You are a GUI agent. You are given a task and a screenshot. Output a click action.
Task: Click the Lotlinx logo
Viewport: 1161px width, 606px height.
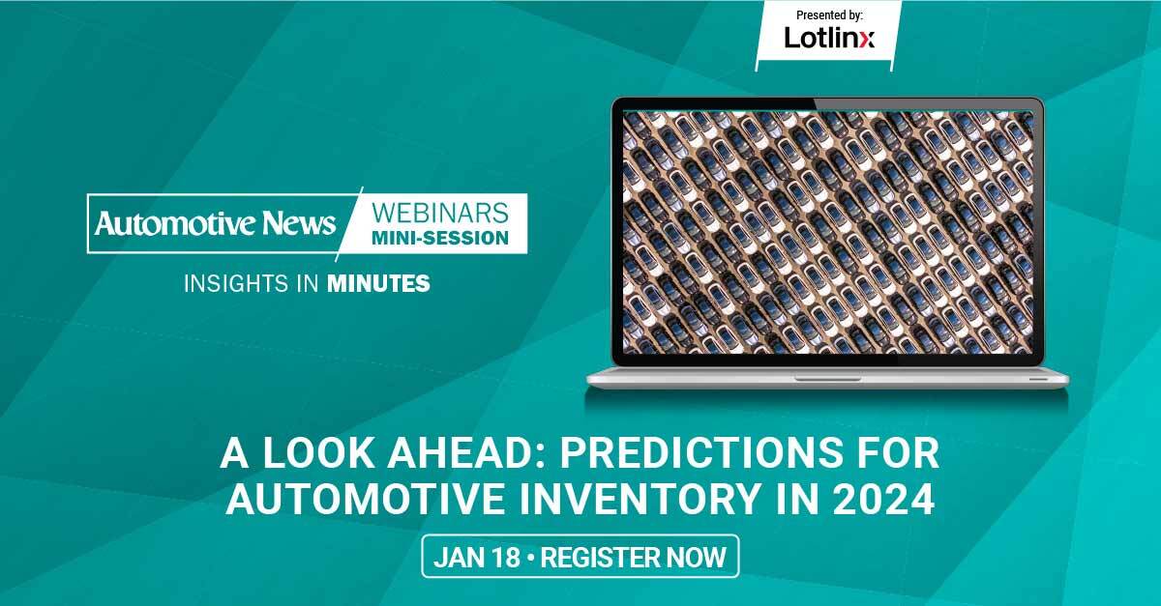829,38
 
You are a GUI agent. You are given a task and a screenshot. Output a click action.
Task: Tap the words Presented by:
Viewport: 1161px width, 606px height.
829,15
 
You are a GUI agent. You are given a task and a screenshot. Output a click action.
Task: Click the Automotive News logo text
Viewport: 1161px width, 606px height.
215,223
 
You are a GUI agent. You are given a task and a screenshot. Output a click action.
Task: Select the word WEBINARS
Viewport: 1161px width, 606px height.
440,213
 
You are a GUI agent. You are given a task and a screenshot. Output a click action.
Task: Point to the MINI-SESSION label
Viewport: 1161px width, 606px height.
440,239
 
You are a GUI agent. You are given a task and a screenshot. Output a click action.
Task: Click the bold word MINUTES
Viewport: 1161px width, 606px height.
378,283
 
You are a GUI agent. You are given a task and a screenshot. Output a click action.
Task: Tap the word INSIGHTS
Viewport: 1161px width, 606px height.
236,283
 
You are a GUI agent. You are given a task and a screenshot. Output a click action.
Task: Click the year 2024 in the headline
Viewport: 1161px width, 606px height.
883,499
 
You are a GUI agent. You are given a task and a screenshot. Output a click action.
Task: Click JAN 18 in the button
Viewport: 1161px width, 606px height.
477,558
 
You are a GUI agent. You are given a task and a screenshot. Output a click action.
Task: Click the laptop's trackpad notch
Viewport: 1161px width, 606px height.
828,379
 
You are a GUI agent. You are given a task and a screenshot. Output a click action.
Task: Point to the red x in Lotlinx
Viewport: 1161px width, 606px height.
867,41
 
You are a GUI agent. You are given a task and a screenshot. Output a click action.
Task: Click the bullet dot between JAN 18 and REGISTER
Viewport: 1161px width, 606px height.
530,558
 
